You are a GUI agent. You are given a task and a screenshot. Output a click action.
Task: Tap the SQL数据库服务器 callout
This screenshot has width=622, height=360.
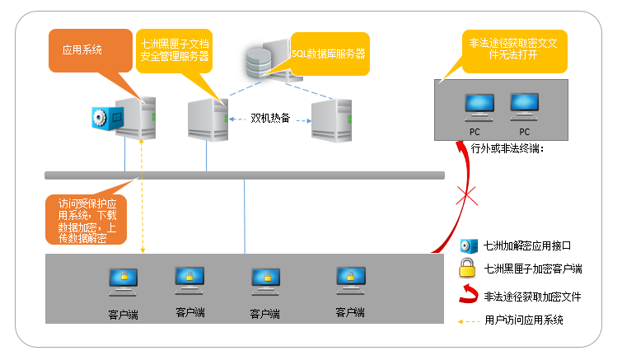pyautogui.click(x=329, y=54)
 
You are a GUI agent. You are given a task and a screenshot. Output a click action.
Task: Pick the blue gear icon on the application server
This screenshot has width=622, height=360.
pyautogui.click(x=102, y=118)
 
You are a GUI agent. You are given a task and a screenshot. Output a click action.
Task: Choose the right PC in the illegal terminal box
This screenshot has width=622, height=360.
pyautogui.click(x=523, y=105)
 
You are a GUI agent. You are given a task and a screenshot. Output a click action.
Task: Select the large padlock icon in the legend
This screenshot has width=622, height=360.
pyautogui.click(x=468, y=268)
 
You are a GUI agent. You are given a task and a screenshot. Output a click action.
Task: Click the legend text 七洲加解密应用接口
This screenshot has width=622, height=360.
pyautogui.click(x=527, y=245)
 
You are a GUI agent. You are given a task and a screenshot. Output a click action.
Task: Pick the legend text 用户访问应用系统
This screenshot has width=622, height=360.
pyautogui.click(x=524, y=320)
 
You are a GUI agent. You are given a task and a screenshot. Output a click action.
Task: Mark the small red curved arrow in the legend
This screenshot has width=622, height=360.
pyautogui.click(x=468, y=295)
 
